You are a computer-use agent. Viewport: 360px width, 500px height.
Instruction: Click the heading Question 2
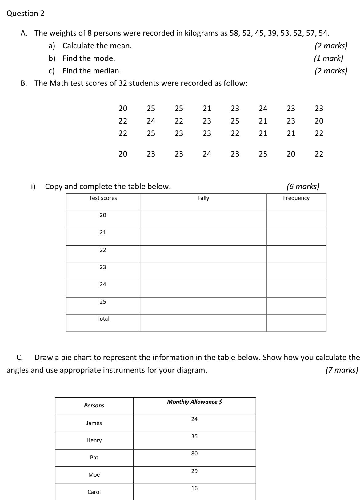coord(26,14)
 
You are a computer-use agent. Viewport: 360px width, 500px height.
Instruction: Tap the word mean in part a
coord(123,46)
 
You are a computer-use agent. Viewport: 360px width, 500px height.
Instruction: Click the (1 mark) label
coord(328,58)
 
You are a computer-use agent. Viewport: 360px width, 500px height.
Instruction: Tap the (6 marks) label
coord(303,186)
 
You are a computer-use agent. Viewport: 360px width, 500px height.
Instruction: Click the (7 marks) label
coord(342,370)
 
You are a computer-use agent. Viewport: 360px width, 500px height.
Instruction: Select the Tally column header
coord(203,198)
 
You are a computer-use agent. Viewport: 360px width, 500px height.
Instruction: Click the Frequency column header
coord(296,198)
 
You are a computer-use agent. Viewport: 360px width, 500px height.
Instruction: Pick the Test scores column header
coord(103,198)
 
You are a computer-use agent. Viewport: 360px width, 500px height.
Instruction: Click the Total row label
coord(103,319)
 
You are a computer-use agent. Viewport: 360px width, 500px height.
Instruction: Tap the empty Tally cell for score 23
coord(203,271)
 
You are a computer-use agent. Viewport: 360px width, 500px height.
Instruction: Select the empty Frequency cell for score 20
coord(296,220)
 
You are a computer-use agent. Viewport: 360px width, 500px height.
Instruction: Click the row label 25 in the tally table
coord(103,302)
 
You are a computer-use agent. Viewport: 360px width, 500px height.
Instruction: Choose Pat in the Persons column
coord(94,458)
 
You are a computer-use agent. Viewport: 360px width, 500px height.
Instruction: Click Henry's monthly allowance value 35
coord(194,436)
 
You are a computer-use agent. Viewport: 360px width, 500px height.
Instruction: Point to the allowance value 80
coord(194,454)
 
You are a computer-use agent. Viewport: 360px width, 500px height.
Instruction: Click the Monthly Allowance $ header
coord(194,402)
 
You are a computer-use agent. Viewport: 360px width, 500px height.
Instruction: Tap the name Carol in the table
coord(94,492)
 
